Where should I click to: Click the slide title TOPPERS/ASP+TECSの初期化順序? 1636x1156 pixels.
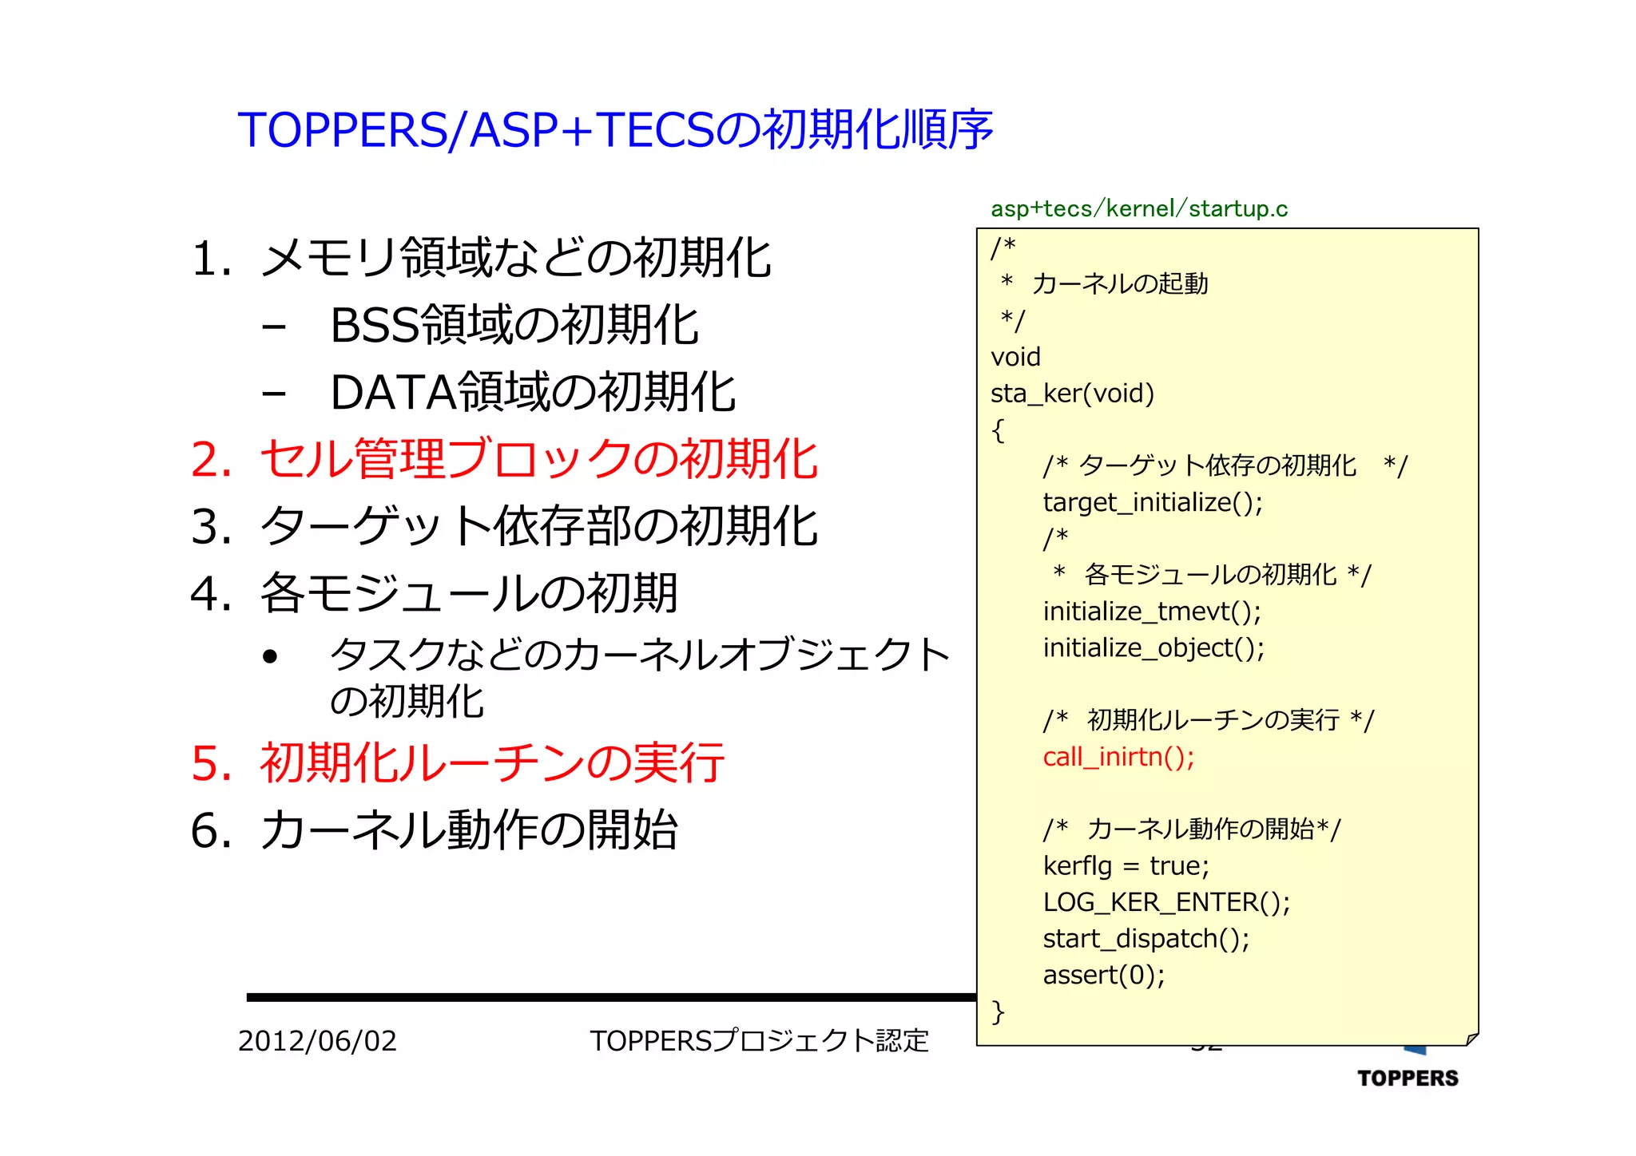pyautogui.click(x=615, y=129)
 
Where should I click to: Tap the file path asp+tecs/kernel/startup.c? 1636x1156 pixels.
pyautogui.click(x=1138, y=209)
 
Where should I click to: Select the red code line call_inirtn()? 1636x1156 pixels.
pyautogui.click(x=1118, y=757)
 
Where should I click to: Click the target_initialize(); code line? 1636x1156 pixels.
pyautogui.click(x=1153, y=503)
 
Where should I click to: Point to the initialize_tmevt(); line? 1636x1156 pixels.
pyautogui.click(x=1152, y=612)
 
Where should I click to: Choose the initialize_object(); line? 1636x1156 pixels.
pyautogui.click(x=1154, y=648)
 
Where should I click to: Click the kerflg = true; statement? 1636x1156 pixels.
pyautogui.click(x=1126, y=866)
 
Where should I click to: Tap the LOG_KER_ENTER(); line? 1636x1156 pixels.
pyautogui.click(x=1166, y=902)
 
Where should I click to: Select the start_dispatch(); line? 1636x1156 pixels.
pyautogui.click(x=1146, y=939)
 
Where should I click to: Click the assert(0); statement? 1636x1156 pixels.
pyautogui.click(x=1104, y=975)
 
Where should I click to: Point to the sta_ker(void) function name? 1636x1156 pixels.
pyautogui.click(x=1072, y=394)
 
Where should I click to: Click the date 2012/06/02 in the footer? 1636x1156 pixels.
pyautogui.click(x=317, y=1041)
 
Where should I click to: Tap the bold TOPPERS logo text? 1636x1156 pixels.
pyautogui.click(x=1408, y=1079)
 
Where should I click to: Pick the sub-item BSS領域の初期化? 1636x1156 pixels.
pyautogui.click(x=514, y=326)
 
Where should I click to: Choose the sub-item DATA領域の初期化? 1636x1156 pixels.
pyautogui.click(x=533, y=393)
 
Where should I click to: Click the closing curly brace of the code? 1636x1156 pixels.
pyautogui.click(x=998, y=1012)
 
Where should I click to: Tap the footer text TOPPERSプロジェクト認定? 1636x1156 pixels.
pyautogui.click(x=759, y=1041)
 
